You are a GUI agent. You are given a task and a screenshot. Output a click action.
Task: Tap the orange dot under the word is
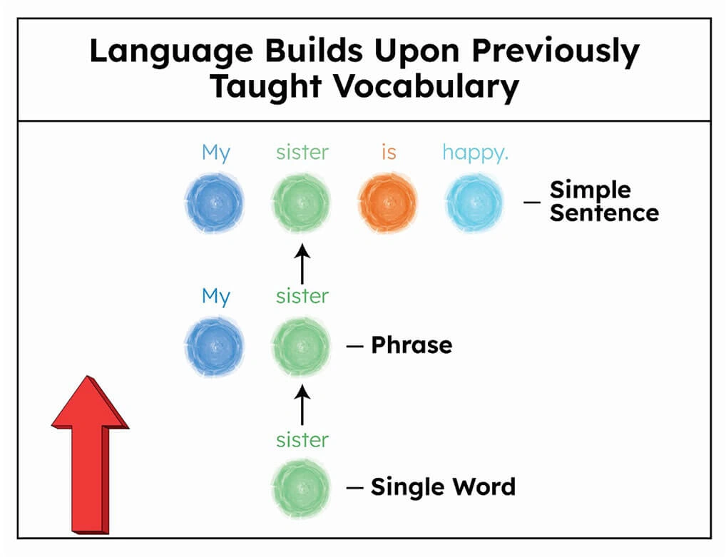tap(388, 203)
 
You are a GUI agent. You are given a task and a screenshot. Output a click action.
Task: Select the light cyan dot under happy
tap(474, 203)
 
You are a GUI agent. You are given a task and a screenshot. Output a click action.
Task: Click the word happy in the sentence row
tap(475, 153)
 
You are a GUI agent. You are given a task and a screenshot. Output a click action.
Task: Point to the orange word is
tap(389, 152)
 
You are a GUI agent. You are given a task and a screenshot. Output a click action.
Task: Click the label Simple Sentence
tap(604, 201)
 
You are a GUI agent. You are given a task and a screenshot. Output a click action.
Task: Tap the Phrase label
tap(411, 345)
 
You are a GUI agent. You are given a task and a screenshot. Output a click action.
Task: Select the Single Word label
tap(443, 486)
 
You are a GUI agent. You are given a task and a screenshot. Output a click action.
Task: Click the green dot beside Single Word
tap(302, 488)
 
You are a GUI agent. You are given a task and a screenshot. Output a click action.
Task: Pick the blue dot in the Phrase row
tap(215, 346)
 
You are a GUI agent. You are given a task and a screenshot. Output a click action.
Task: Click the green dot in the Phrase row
tap(302, 346)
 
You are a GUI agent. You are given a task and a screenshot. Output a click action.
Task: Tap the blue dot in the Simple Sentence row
tap(215, 203)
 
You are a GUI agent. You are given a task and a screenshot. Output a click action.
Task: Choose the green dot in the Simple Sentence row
tap(302, 203)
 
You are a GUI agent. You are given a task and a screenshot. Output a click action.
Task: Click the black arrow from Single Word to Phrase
tap(302, 406)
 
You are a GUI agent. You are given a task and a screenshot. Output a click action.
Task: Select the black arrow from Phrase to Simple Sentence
tap(302, 264)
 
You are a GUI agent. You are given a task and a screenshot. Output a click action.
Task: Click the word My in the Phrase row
tap(216, 297)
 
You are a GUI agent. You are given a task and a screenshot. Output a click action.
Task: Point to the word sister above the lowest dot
tap(302, 440)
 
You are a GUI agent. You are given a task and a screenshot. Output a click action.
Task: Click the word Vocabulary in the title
tap(426, 87)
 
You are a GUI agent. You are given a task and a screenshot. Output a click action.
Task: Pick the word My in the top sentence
tap(216, 153)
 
